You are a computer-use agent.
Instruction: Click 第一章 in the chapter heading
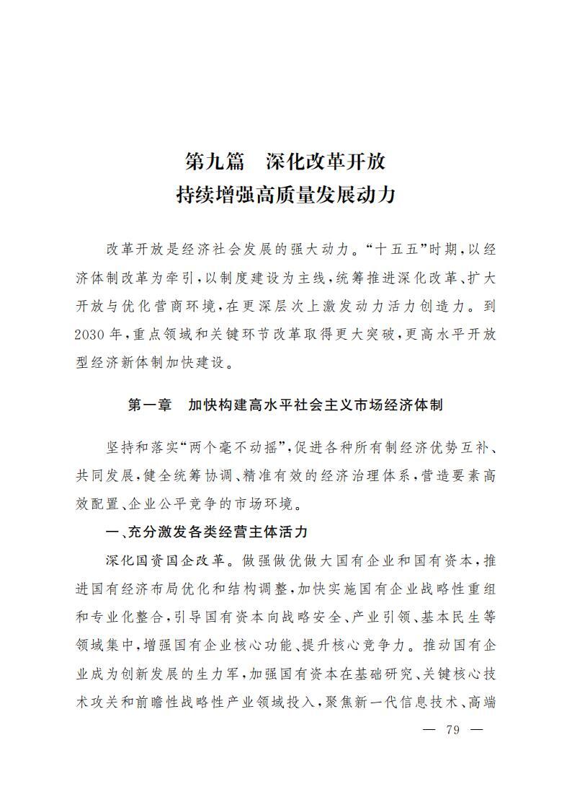150,405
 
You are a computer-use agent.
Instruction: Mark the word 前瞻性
166,701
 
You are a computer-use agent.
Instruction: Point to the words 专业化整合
128,617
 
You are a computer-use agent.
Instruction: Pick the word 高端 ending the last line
482,701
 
